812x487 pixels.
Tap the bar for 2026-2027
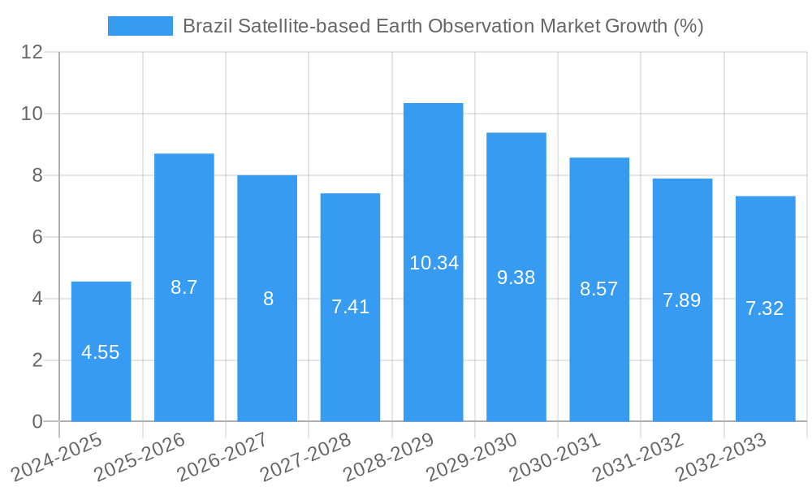coord(267,243)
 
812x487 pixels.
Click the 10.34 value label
coord(434,263)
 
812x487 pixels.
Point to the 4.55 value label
coord(101,352)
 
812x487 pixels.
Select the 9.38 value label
coord(516,278)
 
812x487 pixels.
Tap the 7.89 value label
coord(681,300)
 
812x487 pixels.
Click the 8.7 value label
coord(184,287)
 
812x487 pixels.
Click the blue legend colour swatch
coord(140,26)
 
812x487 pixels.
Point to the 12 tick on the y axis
coord(32,52)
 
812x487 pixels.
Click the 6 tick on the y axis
coord(37,237)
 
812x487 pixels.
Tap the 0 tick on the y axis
coord(37,422)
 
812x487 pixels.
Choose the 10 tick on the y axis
coord(32,114)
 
